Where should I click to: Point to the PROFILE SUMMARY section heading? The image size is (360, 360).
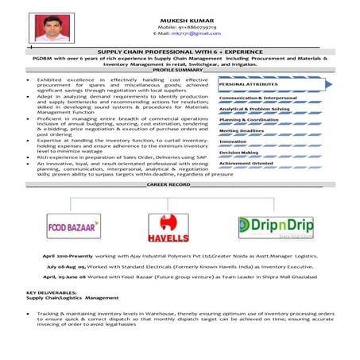pyautogui.click(x=179, y=70)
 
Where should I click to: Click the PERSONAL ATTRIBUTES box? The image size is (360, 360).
pyautogui.click(x=262, y=83)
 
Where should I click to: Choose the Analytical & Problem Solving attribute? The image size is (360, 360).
pyautogui.click(x=254, y=108)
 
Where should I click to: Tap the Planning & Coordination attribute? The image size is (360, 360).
pyautogui.click(x=249, y=119)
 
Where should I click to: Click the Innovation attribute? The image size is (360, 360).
pyautogui.click(x=234, y=141)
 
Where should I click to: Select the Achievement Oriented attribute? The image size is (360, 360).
pyautogui.click(x=249, y=163)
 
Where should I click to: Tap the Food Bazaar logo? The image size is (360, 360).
pyautogui.click(x=73, y=226)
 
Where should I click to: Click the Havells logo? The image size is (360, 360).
pyautogui.click(x=168, y=225)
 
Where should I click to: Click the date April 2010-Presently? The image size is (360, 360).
pyautogui.click(x=64, y=255)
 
